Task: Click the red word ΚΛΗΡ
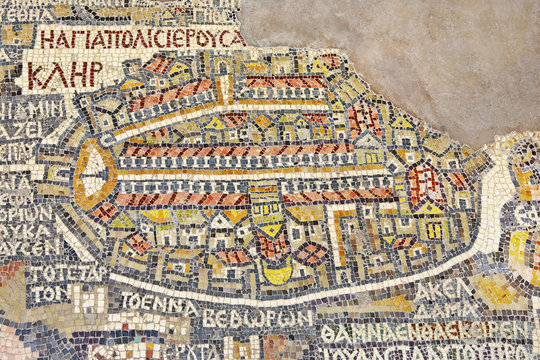(x=64, y=74)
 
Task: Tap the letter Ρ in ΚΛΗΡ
(x=94, y=73)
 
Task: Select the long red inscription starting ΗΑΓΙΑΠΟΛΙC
(x=141, y=39)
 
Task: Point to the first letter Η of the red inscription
(x=48, y=40)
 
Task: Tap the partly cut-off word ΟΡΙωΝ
(x=26, y=213)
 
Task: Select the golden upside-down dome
(x=277, y=272)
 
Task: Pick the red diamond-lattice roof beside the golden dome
(x=310, y=254)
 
